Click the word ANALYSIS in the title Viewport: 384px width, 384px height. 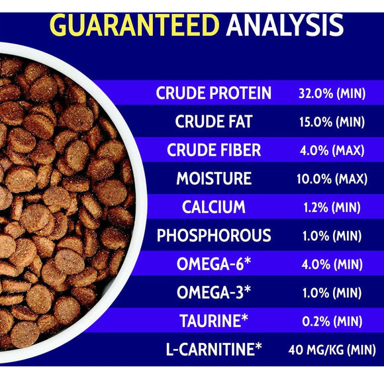tap(285, 24)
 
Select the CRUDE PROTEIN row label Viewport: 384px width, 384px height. tap(213, 93)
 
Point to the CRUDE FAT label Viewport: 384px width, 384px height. tap(213, 122)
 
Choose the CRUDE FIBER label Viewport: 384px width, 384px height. tap(213, 150)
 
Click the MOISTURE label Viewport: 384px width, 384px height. tap(213, 179)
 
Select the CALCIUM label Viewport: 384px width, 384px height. tap(213, 207)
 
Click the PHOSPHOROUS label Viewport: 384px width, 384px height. tap(213, 236)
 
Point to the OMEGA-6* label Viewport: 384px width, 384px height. tap(213, 264)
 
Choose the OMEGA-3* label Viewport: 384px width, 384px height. tap(213, 293)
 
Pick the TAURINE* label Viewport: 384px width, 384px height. tap(213, 321)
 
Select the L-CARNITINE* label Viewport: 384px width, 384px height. tap(213, 349)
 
